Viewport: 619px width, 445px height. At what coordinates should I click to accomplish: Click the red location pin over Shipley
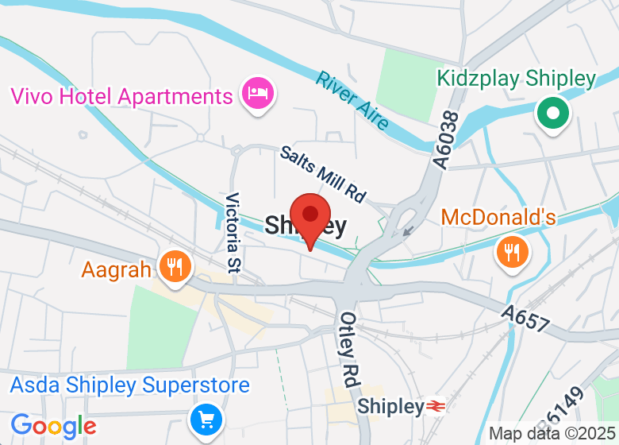[309, 216]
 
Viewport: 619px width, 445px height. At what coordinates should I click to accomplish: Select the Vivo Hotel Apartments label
[121, 97]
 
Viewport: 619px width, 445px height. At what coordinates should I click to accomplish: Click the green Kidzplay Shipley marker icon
[553, 112]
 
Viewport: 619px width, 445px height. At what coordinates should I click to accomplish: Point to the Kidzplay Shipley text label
[516, 79]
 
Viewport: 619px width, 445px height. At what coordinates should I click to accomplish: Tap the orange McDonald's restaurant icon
[513, 252]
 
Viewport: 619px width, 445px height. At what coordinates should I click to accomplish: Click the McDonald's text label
[498, 217]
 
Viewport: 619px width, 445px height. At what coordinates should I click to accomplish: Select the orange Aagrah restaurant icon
[173, 265]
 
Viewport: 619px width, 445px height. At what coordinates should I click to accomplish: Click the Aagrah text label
[116, 270]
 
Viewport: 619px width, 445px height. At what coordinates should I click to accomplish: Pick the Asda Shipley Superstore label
[130, 386]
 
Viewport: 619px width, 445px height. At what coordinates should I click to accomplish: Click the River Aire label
[352, 100]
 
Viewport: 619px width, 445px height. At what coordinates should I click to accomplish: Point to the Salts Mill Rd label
[322, 173]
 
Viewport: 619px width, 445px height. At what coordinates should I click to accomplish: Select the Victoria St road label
[233, 230]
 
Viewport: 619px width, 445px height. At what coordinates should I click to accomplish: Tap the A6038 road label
[446, 139]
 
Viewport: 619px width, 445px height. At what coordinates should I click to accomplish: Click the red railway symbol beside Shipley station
[435, 406]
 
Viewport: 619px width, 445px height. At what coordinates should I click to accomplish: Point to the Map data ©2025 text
[552, 434]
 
